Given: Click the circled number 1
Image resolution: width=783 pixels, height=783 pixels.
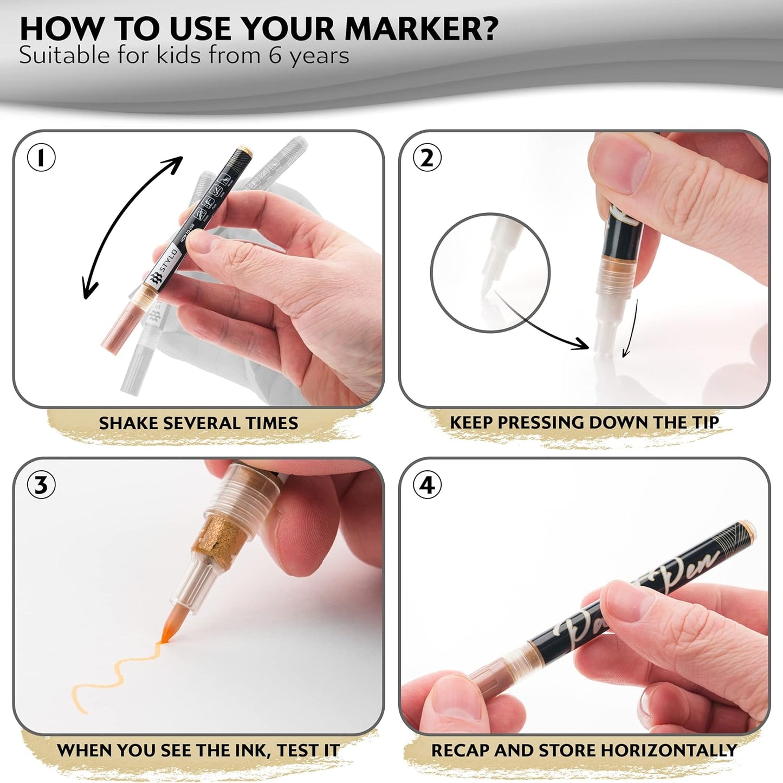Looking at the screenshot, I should point(41,158).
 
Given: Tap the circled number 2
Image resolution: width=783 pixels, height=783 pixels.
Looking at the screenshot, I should point(427,158).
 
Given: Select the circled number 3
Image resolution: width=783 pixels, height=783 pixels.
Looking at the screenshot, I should point(41,485).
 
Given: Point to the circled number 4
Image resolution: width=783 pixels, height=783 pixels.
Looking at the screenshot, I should point(427,485).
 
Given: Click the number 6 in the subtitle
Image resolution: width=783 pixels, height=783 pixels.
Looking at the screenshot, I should point(275,56).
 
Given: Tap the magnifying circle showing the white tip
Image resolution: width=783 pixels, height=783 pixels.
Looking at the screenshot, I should point(490,272).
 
